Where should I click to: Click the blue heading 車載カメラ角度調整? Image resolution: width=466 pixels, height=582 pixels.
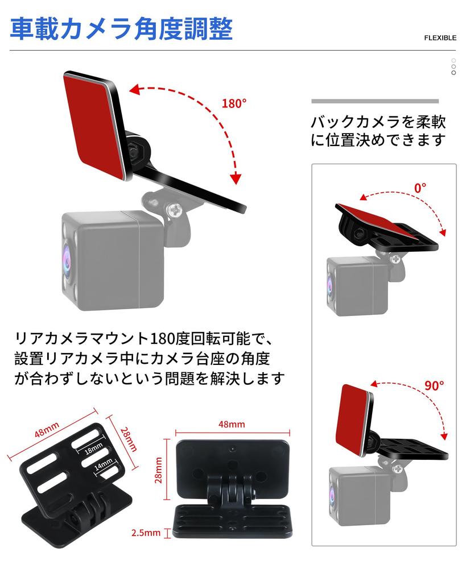click(121, 29)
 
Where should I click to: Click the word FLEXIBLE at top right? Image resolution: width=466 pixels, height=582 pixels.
click(440, 38)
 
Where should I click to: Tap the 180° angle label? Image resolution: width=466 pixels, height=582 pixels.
click(234, 103)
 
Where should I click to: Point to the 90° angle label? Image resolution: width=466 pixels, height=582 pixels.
click(434, 385)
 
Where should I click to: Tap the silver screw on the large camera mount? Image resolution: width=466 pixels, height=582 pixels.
click(174, 211)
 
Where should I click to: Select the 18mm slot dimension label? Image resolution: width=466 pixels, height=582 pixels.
click(94, 449)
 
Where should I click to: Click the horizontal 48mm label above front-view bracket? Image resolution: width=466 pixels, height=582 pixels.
click(232, 425)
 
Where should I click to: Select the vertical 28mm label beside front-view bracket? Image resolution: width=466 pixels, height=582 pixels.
click(159, 469)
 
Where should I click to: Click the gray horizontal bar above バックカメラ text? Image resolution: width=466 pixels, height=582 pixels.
click(375, 101)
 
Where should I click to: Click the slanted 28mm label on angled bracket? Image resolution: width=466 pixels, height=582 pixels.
click(129, 438)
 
